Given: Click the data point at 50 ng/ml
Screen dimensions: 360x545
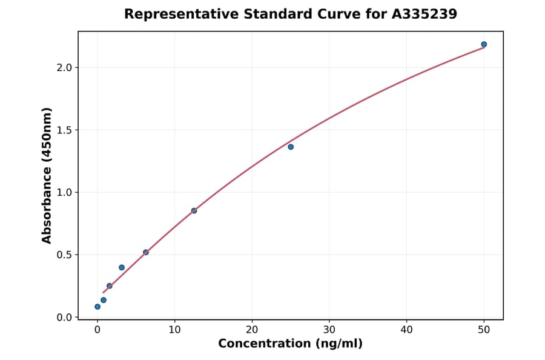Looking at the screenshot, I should (484, 44).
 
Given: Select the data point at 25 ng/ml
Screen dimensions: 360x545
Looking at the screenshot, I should (291, 147).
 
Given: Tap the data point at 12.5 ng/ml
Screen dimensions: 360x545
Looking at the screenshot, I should (194, 211).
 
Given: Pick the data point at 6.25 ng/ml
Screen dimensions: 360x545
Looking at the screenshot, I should (146, 252).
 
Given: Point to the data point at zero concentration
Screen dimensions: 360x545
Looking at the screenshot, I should (97, 307).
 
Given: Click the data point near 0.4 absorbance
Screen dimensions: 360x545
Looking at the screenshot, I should (122, 267).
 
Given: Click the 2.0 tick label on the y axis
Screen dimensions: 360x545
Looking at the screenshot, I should (64, 67).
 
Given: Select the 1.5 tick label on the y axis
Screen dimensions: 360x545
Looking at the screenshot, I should (64, 130).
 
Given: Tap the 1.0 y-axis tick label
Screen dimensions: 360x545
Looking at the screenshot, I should (64, 192).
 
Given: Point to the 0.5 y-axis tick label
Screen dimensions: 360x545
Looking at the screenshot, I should (64, 255).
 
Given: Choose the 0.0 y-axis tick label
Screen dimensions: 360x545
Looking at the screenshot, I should (64, 317).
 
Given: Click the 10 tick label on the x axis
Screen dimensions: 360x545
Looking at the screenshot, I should (174, 330).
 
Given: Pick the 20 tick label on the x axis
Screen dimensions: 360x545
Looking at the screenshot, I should (252, 330).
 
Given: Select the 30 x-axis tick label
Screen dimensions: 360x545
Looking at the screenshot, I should (329, 330).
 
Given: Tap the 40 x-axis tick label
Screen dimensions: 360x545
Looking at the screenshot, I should (406, 330).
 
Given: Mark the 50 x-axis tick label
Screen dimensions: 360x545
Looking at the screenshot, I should (484, 330).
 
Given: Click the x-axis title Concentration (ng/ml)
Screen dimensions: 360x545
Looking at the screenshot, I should (291, 344).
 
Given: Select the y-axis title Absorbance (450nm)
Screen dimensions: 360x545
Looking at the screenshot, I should (47, 175).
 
